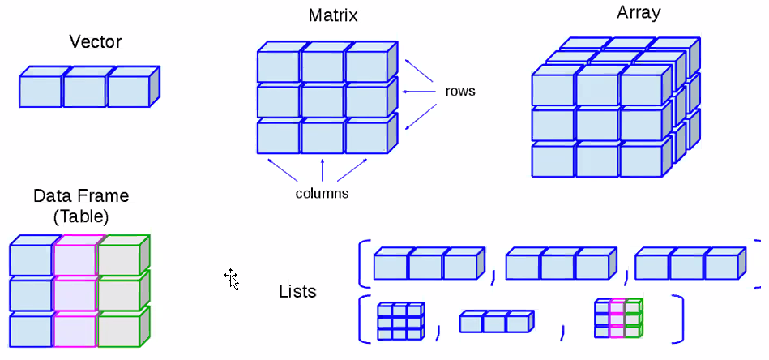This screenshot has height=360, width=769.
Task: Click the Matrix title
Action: pyautogui.click(x=333, y=15)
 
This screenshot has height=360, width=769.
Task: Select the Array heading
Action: pyautogui.click(x=639, y=13)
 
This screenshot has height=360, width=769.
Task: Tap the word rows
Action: pyautogui.click(x=460, y=91)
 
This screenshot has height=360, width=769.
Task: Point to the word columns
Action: pyautogui.click(x=322, y=194)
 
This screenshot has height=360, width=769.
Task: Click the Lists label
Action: pyautogui.click(x=297, y=291)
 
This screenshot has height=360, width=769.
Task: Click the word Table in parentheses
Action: pyautogui.click(x=81, y=216)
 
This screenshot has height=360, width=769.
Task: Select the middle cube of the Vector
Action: pyautogui.click(x=84, y=92)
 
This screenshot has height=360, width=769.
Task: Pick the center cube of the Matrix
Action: pyautogui.click(x=322, y=101)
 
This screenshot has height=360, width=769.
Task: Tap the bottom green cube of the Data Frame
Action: pyautogui.click(x=118, y=332)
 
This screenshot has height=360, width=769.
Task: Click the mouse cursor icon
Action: pyautogui.click(x=232, y=279)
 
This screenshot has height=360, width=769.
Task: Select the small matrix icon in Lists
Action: pyautogui.click(x=400, y=321)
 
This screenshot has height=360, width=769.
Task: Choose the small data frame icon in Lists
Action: pyautogui.click(x=618, y=319)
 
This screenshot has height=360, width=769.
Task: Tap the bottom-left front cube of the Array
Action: pyautogui.click(x=553, y=160)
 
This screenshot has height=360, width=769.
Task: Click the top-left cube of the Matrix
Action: pyautogui.click(x=278, y=66)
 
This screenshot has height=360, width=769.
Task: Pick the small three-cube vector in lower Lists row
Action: pyautogui.click(x=493, y=322)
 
